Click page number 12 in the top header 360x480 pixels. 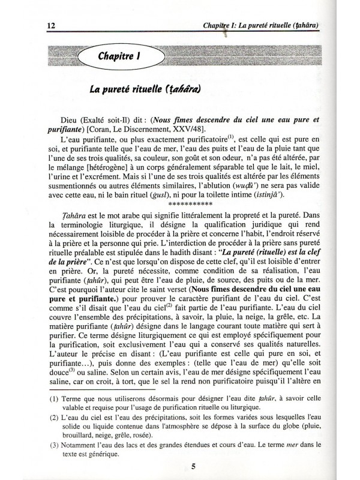point(35,26)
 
